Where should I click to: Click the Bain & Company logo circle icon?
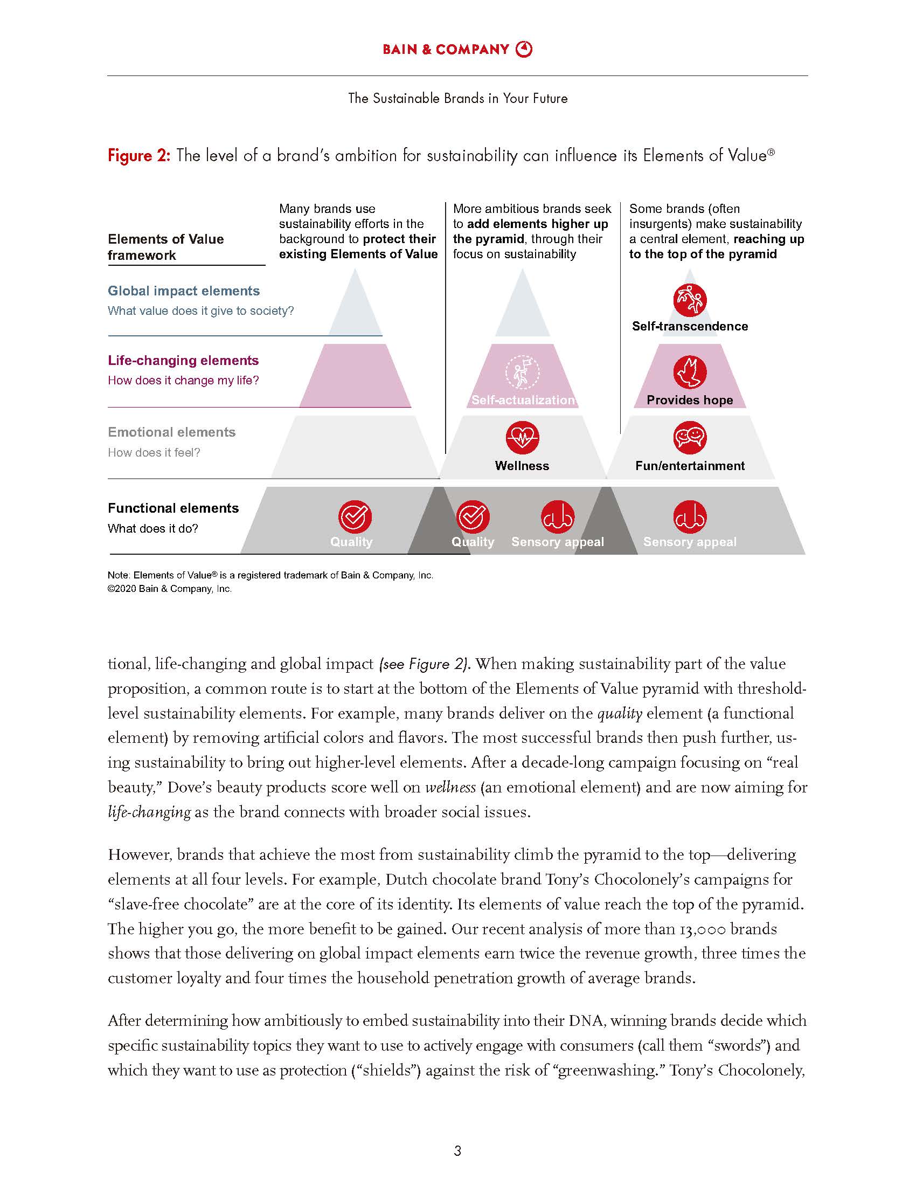point(524,49)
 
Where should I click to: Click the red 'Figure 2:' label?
point(139,156)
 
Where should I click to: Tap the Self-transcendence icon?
point(690,300)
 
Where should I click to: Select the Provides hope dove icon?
point(690,373)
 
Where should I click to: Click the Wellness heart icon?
point(522,437)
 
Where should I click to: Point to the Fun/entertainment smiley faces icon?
point(690,437)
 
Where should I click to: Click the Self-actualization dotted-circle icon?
point(522,373)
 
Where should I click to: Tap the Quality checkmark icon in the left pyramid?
point(355,516)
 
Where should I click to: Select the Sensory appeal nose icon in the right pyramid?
point(690,516)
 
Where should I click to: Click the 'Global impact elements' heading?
point(183,291)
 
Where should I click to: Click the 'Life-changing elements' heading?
point(183,361)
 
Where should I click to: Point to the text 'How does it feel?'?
point(154,452)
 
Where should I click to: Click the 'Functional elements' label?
point(173,508)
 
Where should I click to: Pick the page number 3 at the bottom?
point(457,1150)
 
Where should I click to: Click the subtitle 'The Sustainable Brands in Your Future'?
point(457,98)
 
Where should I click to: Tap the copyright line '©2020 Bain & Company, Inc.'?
point(169,589)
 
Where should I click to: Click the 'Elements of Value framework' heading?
point(165,247)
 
